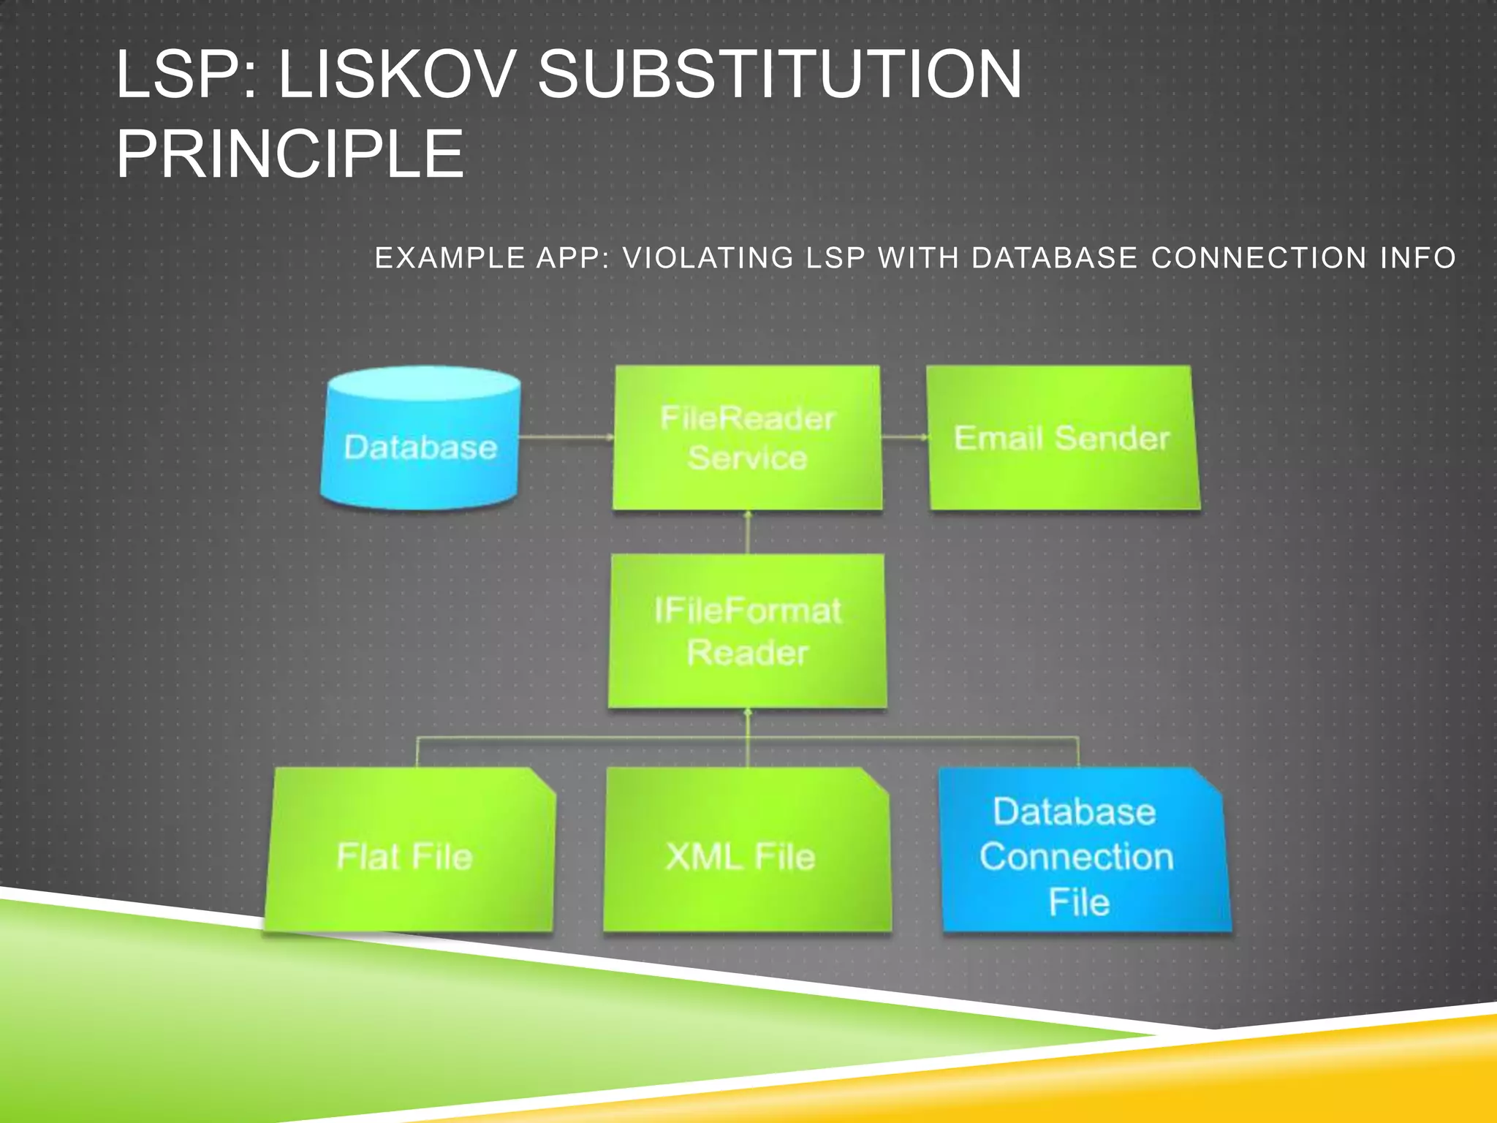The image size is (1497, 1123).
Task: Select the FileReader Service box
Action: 747,437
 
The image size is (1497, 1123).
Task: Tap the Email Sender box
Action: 1062,437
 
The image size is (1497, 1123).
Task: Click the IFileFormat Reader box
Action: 747,631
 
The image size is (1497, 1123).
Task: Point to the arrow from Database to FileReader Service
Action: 566,437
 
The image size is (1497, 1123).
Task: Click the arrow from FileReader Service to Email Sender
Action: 905,437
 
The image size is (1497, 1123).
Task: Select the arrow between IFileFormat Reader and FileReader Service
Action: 748,532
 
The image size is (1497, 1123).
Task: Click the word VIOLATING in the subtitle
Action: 708,258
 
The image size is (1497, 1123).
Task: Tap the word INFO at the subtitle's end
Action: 1417,258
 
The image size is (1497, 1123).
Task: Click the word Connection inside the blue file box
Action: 1076,857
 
